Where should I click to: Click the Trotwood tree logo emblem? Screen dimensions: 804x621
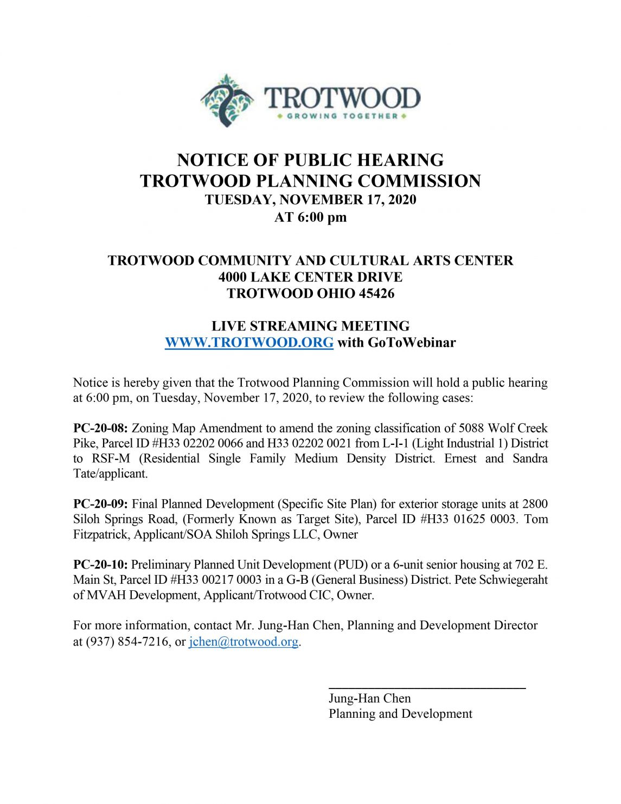point(226,100)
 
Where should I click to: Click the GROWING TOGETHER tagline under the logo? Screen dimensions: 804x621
point(342,116)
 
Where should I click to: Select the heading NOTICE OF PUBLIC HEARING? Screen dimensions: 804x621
point(310,160)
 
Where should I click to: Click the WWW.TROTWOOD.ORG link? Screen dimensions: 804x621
point(249,342)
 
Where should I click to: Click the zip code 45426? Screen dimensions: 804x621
point(376,293)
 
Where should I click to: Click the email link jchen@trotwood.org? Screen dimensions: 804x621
point(244,642)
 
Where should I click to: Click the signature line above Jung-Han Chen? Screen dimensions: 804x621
point(427,688)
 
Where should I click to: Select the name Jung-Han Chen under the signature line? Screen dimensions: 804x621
point(369,698)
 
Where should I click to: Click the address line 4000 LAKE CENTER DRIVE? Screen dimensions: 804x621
point(310,277)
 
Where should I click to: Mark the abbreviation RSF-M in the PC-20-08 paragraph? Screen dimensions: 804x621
point(111,458)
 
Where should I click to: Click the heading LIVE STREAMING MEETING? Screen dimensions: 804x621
point(310,326)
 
